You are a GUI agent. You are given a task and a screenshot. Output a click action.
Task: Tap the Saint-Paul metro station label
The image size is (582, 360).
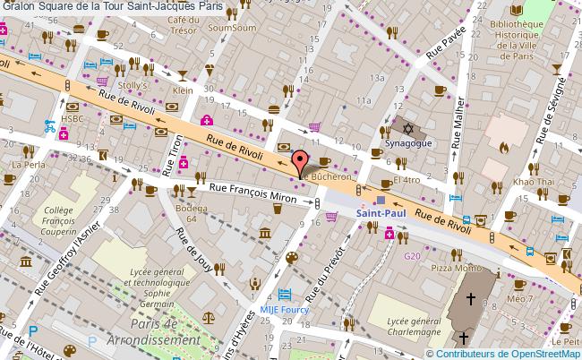(x=382, y=214)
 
